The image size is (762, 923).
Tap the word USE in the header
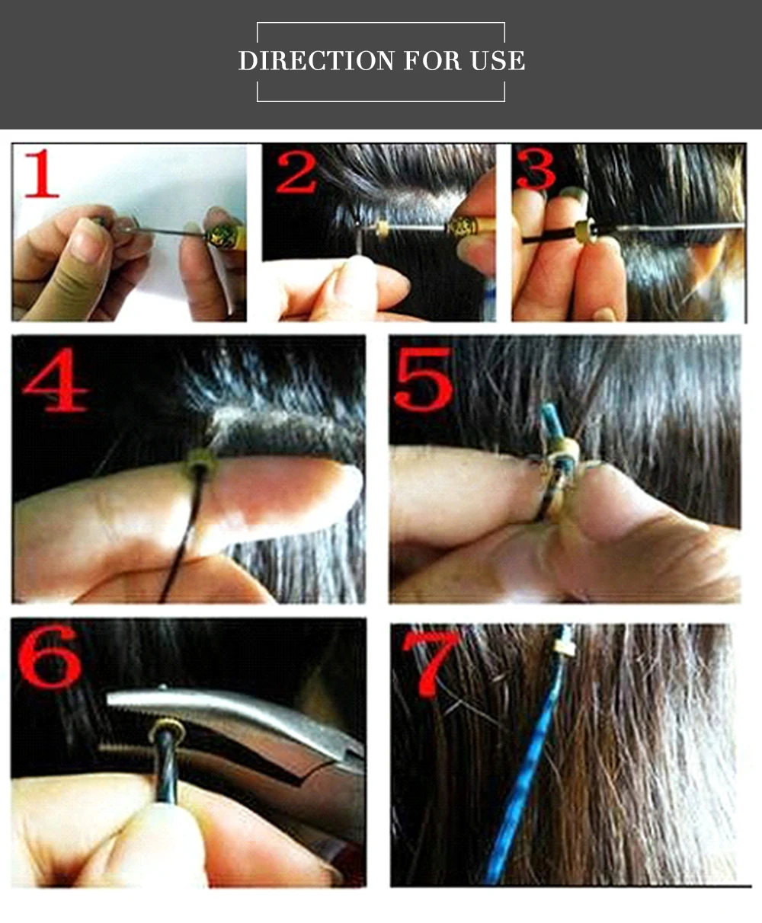498,61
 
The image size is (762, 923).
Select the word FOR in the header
433,61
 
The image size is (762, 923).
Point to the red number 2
296,173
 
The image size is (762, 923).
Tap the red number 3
536,169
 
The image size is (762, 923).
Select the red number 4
55,379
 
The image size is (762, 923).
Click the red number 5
424,378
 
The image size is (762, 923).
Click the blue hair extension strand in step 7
527,774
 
